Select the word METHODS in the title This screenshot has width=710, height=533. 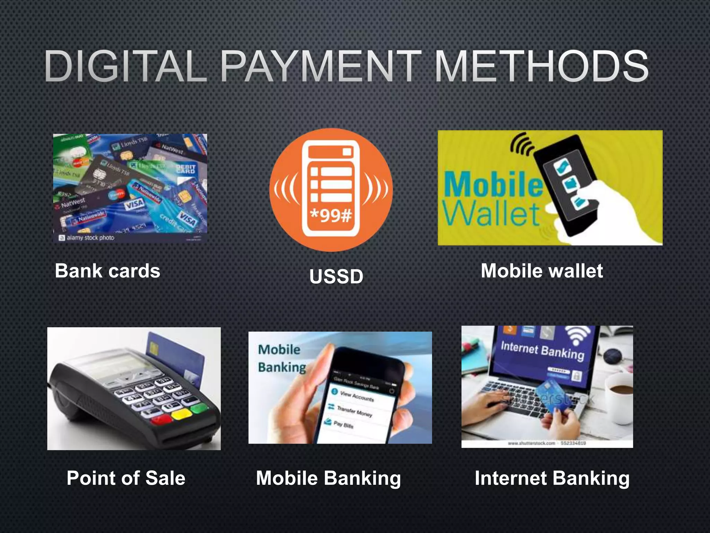pos(541,66)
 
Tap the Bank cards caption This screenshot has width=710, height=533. pos(107,271)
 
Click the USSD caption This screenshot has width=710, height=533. pos(336,277)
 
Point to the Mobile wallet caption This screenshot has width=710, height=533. pos(542,271)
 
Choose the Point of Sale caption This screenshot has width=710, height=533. pos(126,478)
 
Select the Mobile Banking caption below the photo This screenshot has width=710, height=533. pos(328,478)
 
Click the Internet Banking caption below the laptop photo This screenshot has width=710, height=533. pos(552,478)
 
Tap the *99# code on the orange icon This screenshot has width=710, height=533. pos(331,215)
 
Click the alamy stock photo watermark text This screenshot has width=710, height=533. pos(90,238)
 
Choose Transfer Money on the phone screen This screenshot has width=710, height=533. pos(354,411)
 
